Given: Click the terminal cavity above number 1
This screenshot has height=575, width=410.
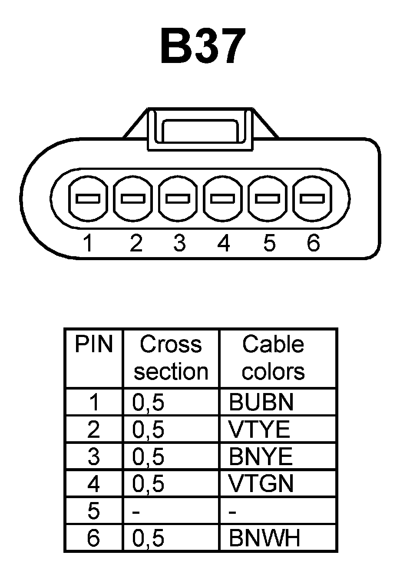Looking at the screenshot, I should [88, 198].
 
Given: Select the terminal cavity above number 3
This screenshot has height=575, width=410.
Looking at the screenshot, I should [178, 198].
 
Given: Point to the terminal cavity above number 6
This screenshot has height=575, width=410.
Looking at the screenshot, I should [313, 198].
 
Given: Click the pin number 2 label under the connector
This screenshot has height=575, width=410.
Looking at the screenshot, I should [136, 243].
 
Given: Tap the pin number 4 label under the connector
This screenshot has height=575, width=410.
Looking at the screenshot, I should [223, 243].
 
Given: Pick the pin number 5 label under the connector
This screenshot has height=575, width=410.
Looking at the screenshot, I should [269, 243].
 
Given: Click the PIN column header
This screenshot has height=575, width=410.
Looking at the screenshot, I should [94, 345].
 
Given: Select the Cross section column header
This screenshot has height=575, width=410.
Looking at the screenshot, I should [171, 358].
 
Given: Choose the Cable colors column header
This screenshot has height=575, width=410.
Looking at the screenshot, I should [273, 358].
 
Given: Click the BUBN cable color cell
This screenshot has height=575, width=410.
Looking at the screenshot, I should [261, 402].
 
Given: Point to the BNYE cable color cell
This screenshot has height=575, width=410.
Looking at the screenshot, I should [261, 457].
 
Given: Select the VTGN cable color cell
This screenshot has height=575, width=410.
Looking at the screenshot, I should [261, 484].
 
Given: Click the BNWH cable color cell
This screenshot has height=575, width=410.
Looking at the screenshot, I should [264, 539].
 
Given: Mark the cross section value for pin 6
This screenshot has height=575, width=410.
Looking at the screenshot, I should [148, 539].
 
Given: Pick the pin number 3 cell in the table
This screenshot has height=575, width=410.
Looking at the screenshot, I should [94, 457].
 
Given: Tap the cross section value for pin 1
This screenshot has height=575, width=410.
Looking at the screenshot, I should [148, 402].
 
